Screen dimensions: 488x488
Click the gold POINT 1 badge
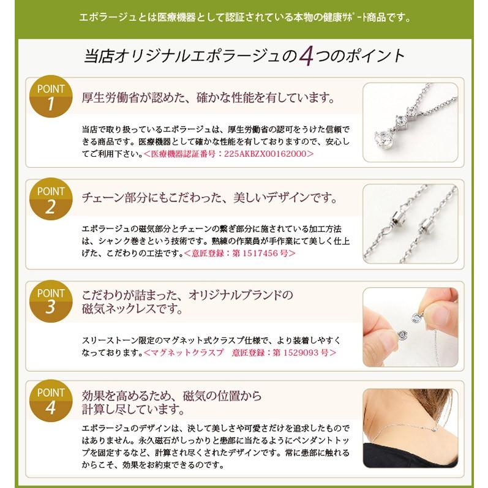point(51,96)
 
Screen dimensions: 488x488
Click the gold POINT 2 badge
point(51,200)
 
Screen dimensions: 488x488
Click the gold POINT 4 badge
point(51,400)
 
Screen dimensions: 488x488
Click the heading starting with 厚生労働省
point(208,97)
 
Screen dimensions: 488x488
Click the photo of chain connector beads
point(410,224)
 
